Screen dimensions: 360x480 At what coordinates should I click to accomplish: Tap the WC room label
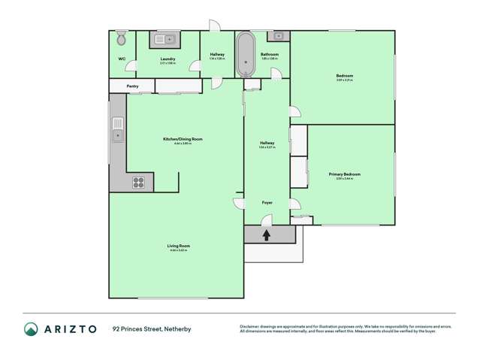click(x=121, y=58)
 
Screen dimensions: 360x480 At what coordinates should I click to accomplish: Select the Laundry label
click(x=168, y=58)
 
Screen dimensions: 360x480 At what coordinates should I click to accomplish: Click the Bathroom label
click(x=270, y=54)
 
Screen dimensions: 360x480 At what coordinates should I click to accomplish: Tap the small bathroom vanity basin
click(x=279, y=35)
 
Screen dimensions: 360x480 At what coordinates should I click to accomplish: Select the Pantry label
click(x=132, y=86)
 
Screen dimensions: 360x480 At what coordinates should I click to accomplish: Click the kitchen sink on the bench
click(x=117, y=135)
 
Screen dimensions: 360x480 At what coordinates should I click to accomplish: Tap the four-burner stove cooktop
click(x=139, y=180)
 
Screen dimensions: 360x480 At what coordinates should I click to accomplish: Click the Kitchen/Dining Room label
click(x=183, y=139)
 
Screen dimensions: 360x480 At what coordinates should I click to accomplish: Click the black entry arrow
click(x=267, y=234)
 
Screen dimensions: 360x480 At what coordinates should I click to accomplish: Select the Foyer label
click(x=267, y=203)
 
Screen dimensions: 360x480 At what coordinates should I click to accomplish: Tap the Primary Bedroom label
click(x=345, y=174)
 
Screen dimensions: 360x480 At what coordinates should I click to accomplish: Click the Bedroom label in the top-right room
click(x=345, y=76)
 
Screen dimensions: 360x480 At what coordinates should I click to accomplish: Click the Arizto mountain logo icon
click(x=32, y=329)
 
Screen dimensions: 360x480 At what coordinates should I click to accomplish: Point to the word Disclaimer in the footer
click(x=250, y=325)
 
